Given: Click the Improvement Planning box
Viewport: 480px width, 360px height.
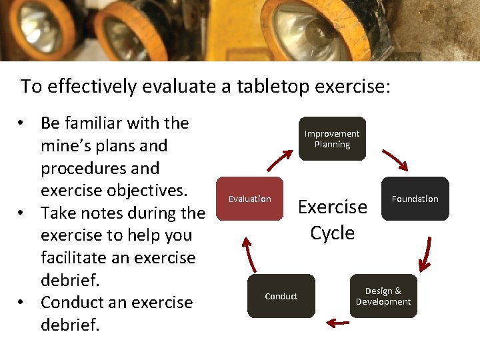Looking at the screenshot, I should (332, 139).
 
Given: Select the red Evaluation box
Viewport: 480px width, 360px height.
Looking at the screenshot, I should (250, 199).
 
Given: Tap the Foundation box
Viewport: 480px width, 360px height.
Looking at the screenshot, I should (415, 199).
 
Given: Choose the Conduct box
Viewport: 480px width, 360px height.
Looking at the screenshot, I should (281, 296).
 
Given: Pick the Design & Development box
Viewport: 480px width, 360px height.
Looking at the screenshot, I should (383, 296).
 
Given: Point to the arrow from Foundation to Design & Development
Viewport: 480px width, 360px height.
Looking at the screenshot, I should (424, 250).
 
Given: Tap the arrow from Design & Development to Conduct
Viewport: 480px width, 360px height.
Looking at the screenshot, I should (339, 323).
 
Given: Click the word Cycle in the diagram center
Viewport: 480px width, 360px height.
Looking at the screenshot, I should (332, 233).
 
